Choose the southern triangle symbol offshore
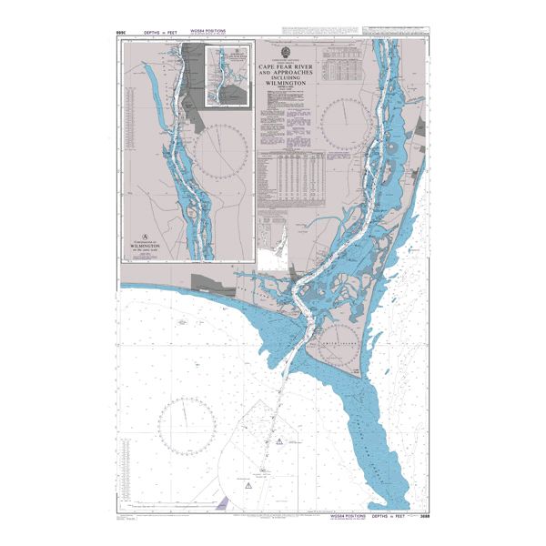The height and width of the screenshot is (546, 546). click(x=248, y=487)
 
